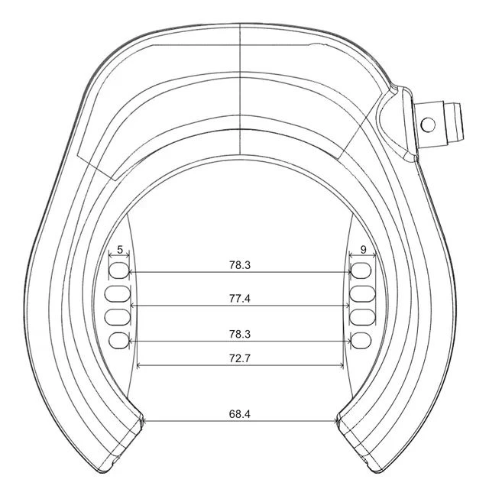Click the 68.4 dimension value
tap(239, 413)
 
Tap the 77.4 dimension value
tap(239, 299)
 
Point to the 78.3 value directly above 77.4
tap(239, 265)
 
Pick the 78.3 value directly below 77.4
tap(239, 335)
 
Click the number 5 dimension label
tap(120, 250)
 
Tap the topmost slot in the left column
tap(120, 270)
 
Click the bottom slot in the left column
tap(120, 340)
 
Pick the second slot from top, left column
tap(120, 293)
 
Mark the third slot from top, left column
tap(120, 316)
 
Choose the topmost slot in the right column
tap(362, 270)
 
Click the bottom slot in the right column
tap(362, 340)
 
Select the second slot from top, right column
tap(362, 293)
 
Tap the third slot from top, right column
tap(362, 316)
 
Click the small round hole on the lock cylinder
tap(429, 124)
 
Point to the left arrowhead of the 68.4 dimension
tap(145, 419)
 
